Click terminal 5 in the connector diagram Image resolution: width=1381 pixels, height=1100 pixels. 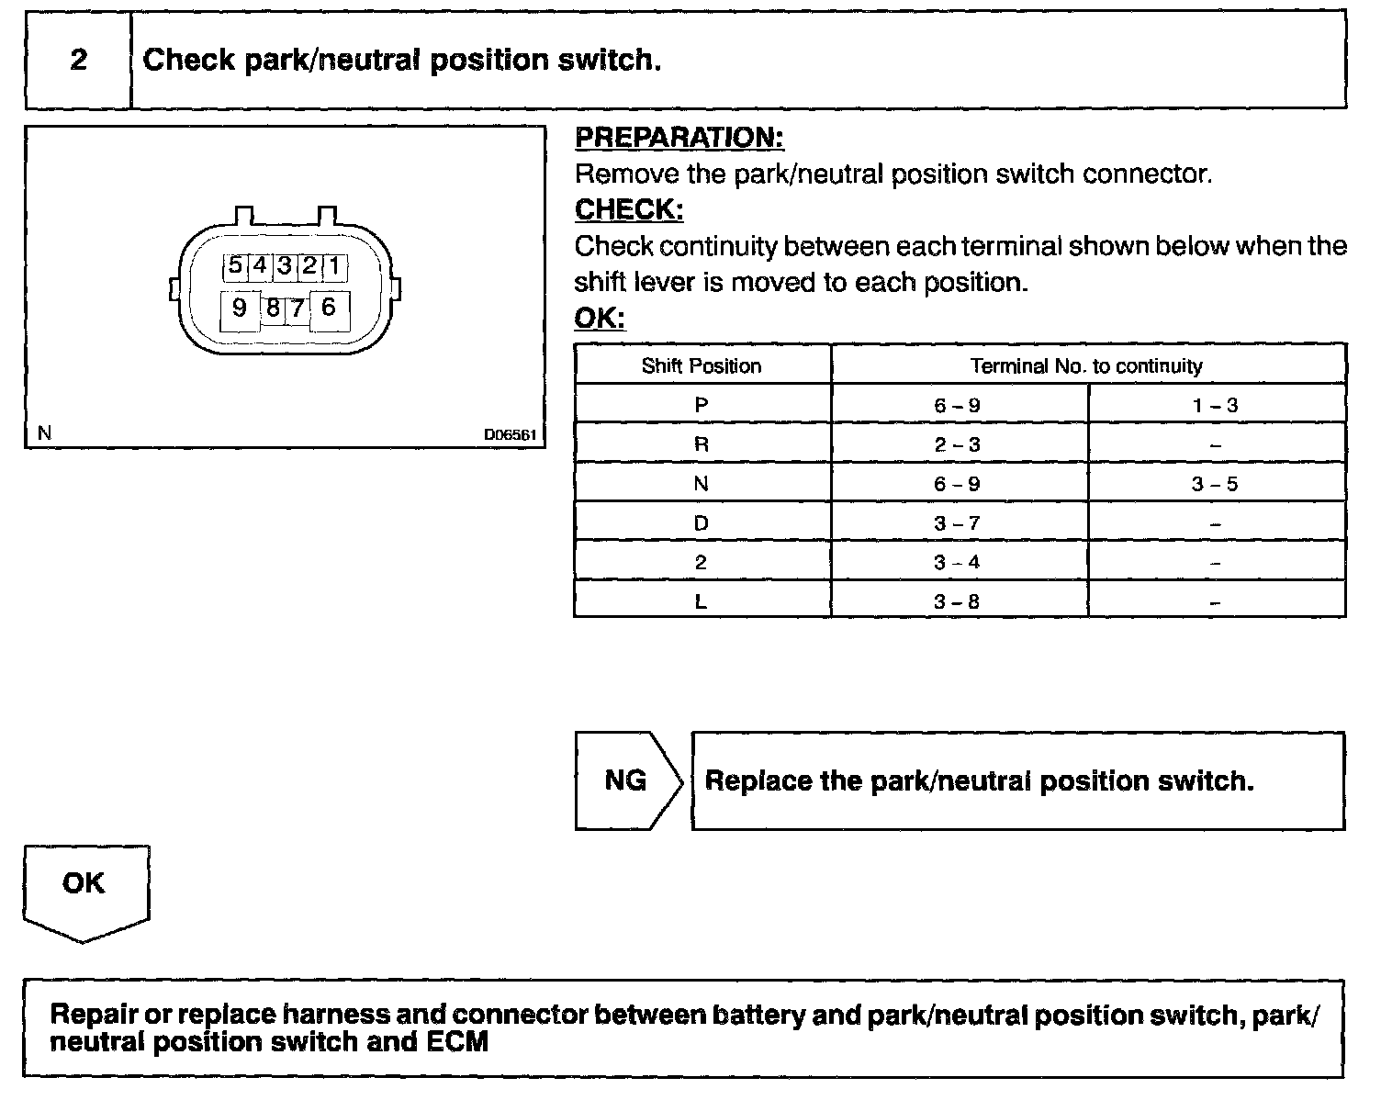pos(235,266)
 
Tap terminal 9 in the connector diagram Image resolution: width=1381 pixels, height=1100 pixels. pos(239,309)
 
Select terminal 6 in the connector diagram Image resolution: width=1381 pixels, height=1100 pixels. pos(329,308)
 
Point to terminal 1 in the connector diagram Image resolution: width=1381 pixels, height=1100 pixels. pos(334,266)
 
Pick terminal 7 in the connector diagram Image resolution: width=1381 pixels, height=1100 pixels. pos(297,309)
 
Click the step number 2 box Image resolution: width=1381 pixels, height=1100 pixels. pos(79,61)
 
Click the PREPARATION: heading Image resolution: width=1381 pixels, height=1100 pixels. pos(679,138)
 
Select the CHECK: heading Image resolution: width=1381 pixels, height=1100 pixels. pos(629,210)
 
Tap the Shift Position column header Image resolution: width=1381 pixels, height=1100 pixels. pos(702,366)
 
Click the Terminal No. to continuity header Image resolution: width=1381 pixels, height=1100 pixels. pos(1086,366)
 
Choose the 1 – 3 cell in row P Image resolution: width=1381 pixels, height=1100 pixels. pos(1215,405)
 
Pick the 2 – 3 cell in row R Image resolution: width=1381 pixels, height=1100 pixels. pos(957,445)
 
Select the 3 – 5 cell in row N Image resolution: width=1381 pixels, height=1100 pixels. pos(1215,484)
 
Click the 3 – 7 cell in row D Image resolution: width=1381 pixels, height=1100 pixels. pos(957,523)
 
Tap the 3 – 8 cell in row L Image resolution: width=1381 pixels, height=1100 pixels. pos(957,602)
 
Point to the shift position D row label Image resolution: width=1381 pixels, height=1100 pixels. pos(702,523)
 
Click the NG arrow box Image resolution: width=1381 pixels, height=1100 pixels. pos(628,780)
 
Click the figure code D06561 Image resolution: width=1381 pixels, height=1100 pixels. pos(510,434)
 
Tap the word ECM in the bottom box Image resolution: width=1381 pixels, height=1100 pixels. pos(457,1042)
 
